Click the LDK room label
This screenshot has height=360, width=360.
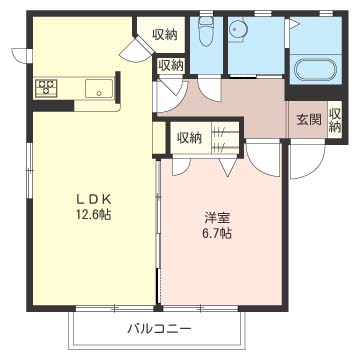coord(94,199)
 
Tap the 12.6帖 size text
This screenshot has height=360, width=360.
coord(93,215)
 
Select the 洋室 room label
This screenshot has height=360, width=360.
coord(217,218)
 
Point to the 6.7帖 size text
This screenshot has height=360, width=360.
coord(217,233)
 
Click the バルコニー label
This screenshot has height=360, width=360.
coord(160,329)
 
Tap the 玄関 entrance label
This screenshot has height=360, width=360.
coord(309,120)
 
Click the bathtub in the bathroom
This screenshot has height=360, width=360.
coord(316,70)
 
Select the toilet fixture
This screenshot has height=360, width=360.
coord(206,32)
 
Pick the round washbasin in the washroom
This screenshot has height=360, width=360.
coord(239,29)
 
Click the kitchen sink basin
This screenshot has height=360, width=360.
coord(99,88)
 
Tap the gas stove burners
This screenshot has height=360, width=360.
coord(46,87)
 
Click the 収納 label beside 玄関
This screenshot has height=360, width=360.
coord(335,121)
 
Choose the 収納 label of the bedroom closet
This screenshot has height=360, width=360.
coord(189,138)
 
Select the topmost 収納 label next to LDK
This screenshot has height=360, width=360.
coord(165,35)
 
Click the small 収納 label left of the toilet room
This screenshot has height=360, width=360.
coord(171,65)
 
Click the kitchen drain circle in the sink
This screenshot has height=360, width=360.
coord(99,93)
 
